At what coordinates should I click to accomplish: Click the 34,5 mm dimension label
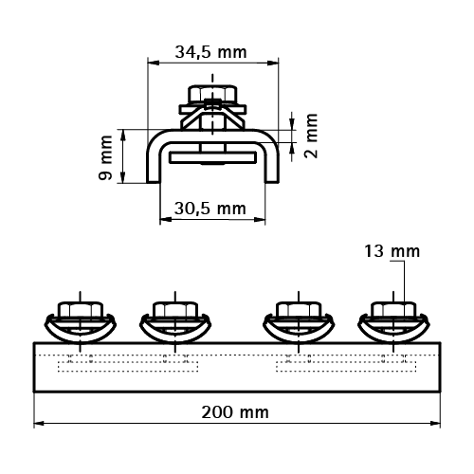(210, 52)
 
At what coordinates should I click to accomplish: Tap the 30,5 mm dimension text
(210, 209)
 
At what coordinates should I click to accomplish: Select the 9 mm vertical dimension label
(106, 157)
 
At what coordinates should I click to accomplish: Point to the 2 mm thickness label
(311, 136)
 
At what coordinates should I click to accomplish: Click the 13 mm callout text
(392, 251)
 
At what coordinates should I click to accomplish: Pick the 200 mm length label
(235, 412)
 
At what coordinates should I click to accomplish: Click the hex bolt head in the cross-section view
(212, 93)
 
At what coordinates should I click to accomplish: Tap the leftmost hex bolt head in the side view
(81, 310)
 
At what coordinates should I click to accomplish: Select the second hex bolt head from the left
(174, 310)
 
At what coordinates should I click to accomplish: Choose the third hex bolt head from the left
(299, 310)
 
